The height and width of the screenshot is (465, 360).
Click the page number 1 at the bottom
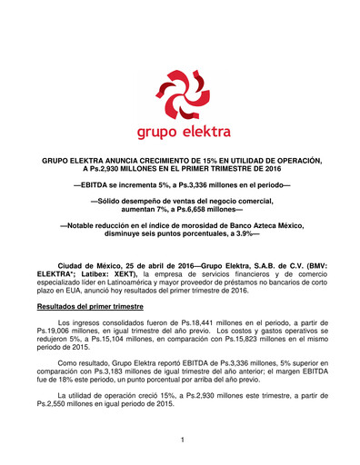[182, 440]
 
